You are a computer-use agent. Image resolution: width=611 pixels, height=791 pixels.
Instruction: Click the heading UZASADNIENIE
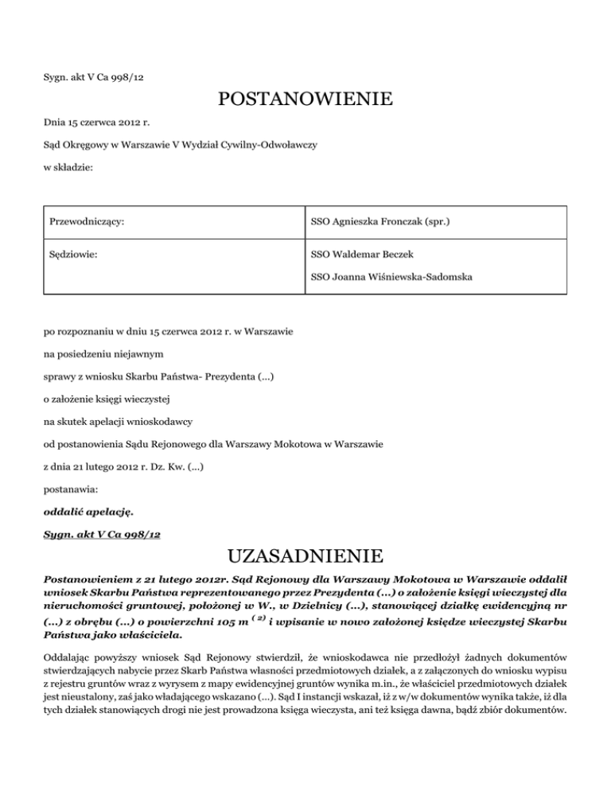click(x=305, y=554)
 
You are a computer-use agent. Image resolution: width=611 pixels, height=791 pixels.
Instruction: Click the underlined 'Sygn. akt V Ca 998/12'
click(x=102, y=535)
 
